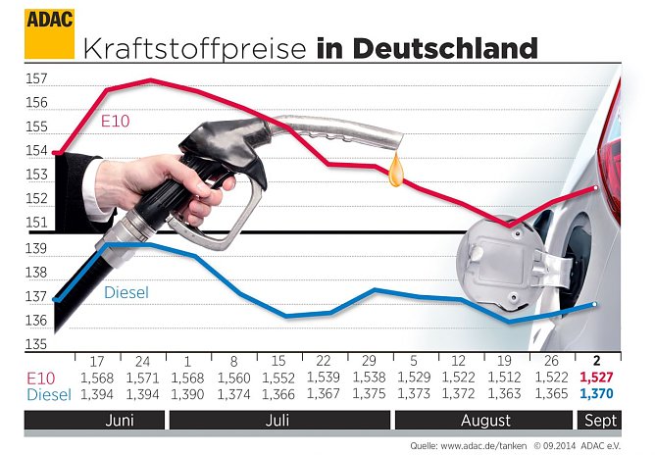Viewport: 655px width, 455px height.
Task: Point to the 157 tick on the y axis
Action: click(36, 78)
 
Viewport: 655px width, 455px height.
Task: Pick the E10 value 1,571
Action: click(140, 377)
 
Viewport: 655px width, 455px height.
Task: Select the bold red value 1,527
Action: click(597, 377)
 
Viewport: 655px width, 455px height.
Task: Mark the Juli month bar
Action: click(277, 421)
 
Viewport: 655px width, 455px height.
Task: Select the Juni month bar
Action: click(93, 421)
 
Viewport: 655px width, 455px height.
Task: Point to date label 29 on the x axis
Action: click(369, 361)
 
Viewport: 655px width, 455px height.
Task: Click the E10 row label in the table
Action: click(42, 377)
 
